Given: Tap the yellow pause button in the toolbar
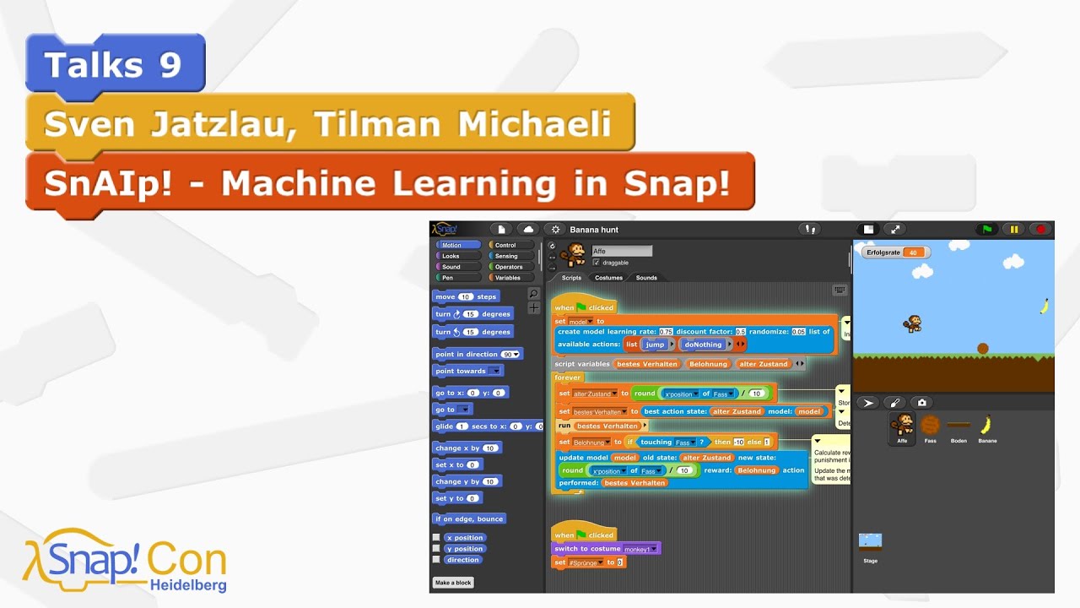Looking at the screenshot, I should click(1013, 229).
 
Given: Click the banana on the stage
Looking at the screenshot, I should click(1044, 306).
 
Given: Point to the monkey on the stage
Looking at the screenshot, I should click(912, 323).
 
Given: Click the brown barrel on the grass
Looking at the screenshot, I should click(983, 348).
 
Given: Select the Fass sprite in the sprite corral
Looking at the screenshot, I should click(930, 426).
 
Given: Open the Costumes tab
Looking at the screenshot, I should click(608, 278).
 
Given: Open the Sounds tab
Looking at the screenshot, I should click(646, 278).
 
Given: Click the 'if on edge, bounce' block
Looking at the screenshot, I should click(469, 518).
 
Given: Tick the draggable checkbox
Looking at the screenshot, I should click(597, 263).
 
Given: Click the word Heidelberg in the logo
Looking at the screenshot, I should click(188, 584).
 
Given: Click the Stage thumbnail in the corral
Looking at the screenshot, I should click(870, 543).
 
